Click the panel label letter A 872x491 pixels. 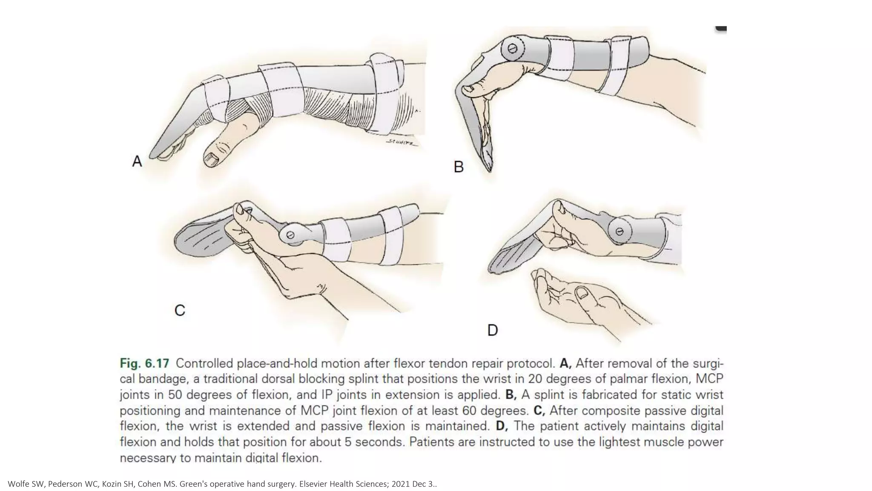pos(137,162)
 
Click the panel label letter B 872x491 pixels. pos(459,167)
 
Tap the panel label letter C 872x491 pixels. pos(180,310)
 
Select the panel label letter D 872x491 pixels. pos(492,330)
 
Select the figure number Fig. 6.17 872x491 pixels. pos(144,364)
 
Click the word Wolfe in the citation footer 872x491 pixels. pos(17,484)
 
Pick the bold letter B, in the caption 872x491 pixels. pos(511,395)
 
